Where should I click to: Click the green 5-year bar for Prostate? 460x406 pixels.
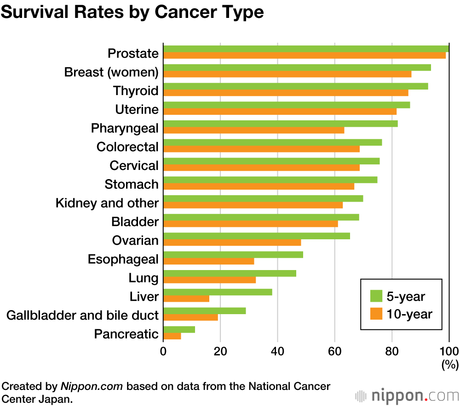[x=306, y=49]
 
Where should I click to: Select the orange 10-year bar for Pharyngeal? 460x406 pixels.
[x=253, y=130]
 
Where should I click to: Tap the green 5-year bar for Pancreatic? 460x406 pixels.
[x=179, y=329]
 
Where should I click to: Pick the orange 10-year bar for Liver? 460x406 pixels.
[x=186, y=299]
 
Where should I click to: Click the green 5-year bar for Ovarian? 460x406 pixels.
[x=256, y=236]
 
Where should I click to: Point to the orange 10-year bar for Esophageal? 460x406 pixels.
[x=208, y=261]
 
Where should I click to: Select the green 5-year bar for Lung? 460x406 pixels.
[x=230, y=273]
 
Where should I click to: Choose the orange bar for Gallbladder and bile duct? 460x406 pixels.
[x=190, y=317]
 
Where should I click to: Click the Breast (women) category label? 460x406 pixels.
[x=111, y=73]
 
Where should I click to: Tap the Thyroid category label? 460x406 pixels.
[x=136, y=91]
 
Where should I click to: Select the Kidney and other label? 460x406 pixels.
[x=107, y=203]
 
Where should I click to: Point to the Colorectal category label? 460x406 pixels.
[x=127, y=147]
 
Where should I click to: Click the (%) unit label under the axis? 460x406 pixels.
[x=450, y=365]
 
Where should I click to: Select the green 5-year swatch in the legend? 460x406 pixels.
[x=376, y=296]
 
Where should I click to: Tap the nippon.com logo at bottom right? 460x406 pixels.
[x=407, y=395]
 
